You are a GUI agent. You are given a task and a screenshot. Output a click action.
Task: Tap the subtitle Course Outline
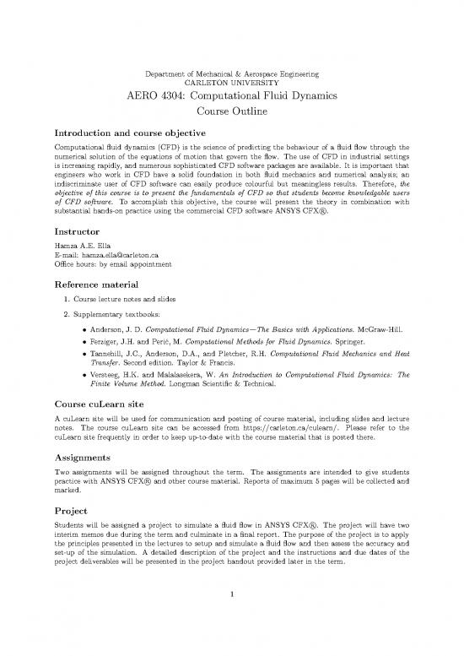pyautogui.click(x=231, y=112)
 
